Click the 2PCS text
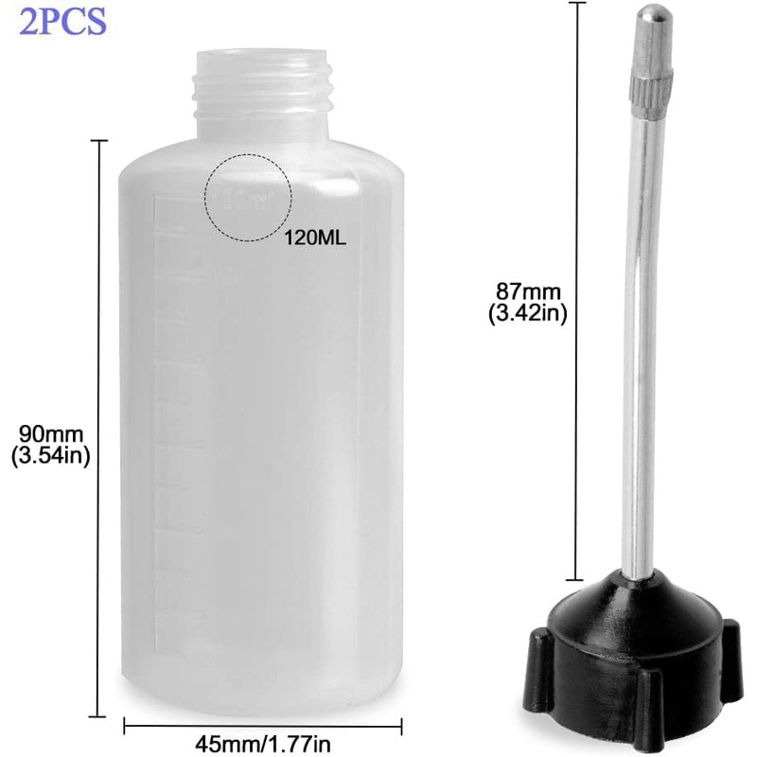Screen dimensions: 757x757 [62, 21]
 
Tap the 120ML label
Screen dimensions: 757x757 [315, 238]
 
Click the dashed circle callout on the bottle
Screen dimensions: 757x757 [249, 197]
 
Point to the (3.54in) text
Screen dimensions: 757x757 [49, 457]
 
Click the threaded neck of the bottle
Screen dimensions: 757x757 [261, 90]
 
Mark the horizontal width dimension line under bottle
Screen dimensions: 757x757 [263, 727]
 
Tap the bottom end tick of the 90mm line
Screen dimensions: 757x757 [98, 715]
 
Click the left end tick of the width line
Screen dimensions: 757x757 [125, 727]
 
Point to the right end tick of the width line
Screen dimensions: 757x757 [403, 727]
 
